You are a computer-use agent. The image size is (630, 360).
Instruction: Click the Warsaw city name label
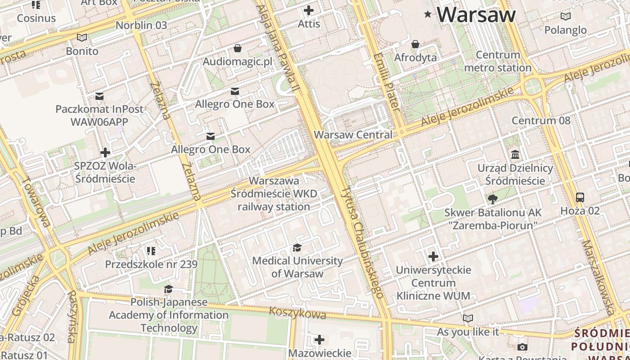(476, 15)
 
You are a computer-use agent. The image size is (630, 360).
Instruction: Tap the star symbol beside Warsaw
(427, 15)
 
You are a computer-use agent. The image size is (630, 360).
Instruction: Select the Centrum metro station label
(498, 62)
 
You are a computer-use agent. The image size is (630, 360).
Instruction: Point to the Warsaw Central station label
(353, 135)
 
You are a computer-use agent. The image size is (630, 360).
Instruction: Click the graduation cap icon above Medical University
(297, 247)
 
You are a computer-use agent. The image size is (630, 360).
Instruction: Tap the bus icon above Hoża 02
(580, 197)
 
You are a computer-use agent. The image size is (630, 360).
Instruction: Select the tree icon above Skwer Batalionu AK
(493, 199)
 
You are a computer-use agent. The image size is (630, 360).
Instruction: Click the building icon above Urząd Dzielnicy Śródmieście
(515, 155)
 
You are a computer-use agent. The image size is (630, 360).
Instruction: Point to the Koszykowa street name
(297, 313)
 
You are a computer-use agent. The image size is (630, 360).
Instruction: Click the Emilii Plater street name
(387, 82)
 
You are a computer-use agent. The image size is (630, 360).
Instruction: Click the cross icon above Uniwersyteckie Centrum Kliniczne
(433, 256)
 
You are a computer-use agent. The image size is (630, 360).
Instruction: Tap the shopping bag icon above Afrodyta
(415, 44)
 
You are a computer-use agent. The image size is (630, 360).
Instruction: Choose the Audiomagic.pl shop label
(238, 61)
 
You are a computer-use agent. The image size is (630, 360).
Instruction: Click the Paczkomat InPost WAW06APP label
(99, 115)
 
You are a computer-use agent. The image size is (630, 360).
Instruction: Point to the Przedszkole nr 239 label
(151, 264)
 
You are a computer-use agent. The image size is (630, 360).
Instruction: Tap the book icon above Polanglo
(565, 17)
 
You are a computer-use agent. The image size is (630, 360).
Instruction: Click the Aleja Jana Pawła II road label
(277, 47)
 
